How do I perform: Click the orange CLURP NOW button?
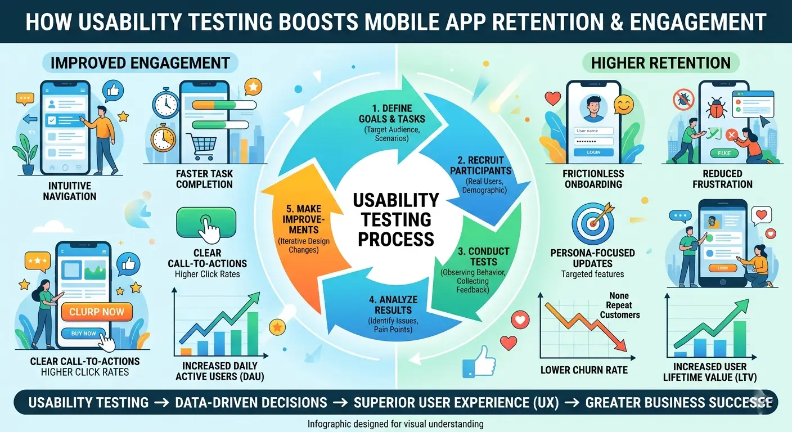click(x=97, y=311)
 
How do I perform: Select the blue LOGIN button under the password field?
click(x=593, y=152)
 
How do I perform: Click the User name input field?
click(x=593, y=130)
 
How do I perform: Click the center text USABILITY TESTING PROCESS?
click(x=395, y=219)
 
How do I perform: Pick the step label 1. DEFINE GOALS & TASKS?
click(x=391, y=113)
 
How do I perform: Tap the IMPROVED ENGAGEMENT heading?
click(x=140, y=62)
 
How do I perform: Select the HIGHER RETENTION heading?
click(x=661, y=62)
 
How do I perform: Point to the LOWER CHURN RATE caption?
click(x=584, y=370)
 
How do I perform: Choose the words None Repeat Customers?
click(x=619, y=305)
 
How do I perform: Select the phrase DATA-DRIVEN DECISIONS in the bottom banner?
click(x=251, y=402)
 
